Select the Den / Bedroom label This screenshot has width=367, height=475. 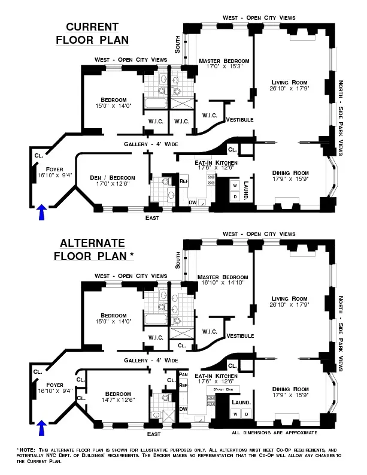click(113, 177)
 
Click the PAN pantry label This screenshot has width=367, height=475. click(183, 374)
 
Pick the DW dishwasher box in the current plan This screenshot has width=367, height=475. click(192, 202)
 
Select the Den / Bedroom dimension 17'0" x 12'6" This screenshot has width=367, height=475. click(113, 184)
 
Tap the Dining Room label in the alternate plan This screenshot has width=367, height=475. click(289, 388)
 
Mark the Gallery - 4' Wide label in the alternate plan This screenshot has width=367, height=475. click(151, 361)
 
